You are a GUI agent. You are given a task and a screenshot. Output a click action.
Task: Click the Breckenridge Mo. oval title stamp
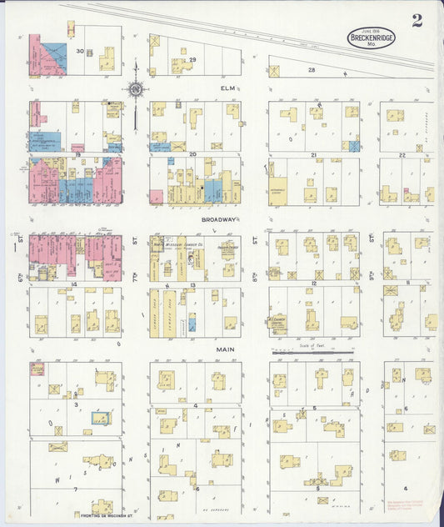373,38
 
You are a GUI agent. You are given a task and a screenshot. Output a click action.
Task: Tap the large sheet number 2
417,20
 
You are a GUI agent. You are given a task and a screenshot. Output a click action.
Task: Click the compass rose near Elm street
135,88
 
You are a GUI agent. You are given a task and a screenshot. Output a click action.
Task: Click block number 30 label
81,52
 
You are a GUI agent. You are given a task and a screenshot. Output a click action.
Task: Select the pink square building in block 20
157,197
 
